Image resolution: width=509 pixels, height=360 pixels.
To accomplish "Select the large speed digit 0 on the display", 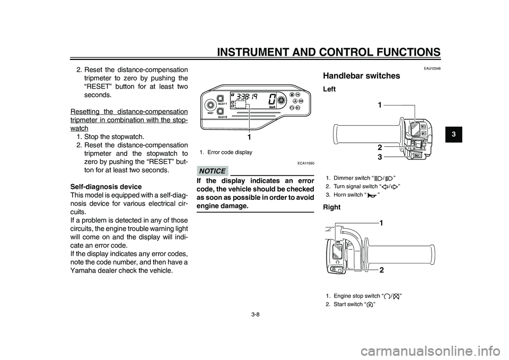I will point(272,99).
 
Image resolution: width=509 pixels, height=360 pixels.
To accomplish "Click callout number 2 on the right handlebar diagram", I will point(381,270).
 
